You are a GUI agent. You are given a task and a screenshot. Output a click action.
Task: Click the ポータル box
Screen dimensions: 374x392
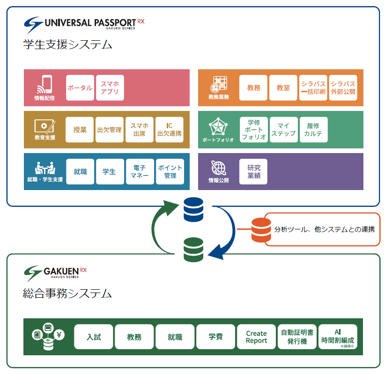pyautogui.click(x=80, y=88)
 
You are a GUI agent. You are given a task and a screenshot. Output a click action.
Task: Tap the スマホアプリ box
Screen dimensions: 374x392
pyautogui.click(x=110, y=88)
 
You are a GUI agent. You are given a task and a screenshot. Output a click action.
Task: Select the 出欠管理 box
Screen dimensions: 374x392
pyautogui.click(x=109, y=130)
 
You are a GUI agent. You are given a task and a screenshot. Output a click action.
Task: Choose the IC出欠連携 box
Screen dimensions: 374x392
pyautogui.click(x=169, y=130)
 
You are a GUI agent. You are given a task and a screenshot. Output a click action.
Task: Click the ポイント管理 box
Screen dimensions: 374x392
pyautogui.click(x=170, y=171)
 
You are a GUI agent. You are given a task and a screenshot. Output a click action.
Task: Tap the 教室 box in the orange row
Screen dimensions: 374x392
pyautogui.click(x=283, y=88)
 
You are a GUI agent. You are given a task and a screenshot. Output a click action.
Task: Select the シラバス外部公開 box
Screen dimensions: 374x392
pyautogui.click(x=343, y=88)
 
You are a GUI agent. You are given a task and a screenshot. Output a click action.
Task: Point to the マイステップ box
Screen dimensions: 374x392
pyautogui.click(x=283, y=130)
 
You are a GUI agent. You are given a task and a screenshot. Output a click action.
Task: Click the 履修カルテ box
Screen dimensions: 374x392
pyautogui.click(x=314, y=130)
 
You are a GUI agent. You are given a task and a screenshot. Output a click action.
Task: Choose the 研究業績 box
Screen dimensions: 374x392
pyautogui.click(x=254, y=171)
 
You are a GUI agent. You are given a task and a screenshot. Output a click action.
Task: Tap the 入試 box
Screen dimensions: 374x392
pyautogui.click(x=94, y=337)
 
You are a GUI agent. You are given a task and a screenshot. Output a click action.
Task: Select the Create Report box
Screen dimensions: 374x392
pyautogui.click(x=256, y=337)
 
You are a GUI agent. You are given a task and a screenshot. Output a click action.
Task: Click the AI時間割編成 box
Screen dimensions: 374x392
pyautogui.click(x=338, y=337)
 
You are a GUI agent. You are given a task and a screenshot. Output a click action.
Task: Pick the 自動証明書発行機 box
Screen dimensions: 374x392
pyautogui.click(x=297, y=337)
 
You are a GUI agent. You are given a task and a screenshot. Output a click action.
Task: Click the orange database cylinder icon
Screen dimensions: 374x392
pyautogui.click(x=261, y=230)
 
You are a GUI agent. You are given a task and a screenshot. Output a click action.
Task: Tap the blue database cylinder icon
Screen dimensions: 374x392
pyautogui.click(x=193, y=210)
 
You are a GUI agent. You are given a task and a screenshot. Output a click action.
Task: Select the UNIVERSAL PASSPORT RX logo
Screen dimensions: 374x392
pyautogui.click(x=84, y=23)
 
